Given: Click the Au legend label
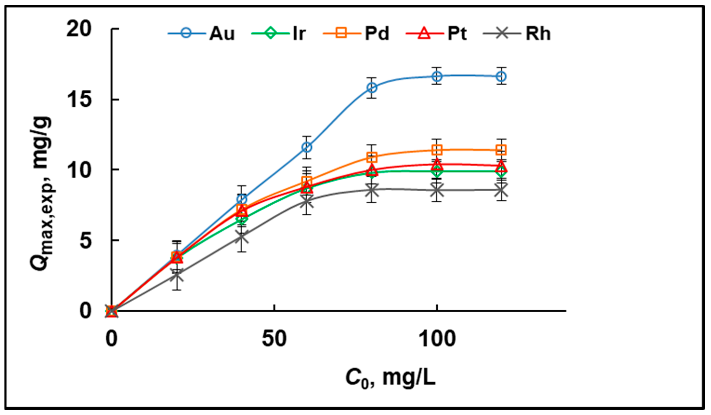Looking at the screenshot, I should coord(222,34).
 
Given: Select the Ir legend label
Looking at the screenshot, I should coord(299,34).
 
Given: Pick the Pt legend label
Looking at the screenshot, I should coord(457,34).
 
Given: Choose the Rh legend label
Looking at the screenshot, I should coord(538,34).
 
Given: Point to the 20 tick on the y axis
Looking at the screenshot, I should coord(79,29).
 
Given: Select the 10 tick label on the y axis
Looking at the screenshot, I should coord(79,170).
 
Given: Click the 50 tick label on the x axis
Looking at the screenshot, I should coord(274,339).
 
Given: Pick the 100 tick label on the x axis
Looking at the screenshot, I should coord(437,339).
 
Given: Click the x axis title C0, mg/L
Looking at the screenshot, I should coord(391,379).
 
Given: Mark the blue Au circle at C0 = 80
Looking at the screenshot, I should coord(372,88).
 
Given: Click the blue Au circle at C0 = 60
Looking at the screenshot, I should coord(307,147).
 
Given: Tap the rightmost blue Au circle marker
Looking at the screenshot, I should coord(501,76).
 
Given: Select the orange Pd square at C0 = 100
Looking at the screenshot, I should coord(437,149).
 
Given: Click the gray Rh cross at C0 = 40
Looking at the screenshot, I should coord(242,237).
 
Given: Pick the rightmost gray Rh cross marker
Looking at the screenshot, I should coord(501,190).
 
